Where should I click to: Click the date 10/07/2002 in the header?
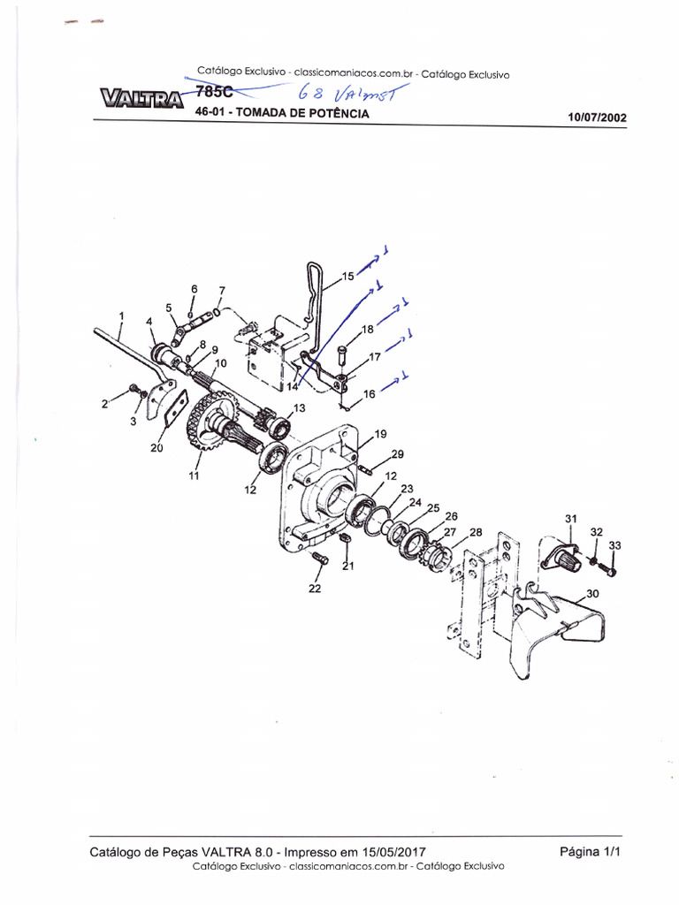pos(600,117)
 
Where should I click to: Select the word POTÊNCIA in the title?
pos(333,114)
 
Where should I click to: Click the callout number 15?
pos(347,277)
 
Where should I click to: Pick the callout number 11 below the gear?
pos(194,475)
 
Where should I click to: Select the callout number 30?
pos(591,595)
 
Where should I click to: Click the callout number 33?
pos(615,546)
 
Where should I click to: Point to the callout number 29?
pos(397,453)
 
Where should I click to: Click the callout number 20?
pos(156,448)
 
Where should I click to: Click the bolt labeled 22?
pos(320,559)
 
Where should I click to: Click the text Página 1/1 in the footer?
pos(591,852)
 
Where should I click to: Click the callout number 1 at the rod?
pos(121,316)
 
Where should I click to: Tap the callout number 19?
pos(379,434)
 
